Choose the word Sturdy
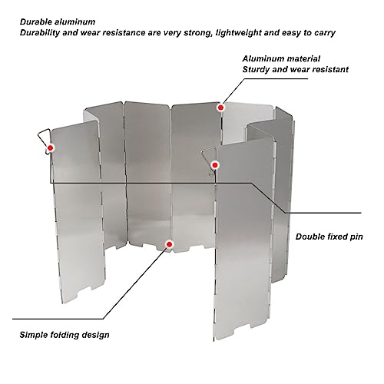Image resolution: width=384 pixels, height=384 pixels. [257, 69]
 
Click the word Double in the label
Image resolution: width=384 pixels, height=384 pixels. [312, 237]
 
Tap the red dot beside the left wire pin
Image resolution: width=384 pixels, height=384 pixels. [51, 147]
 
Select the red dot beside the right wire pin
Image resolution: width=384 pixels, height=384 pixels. [216, 164]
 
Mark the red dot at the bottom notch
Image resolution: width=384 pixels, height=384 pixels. [170, 243]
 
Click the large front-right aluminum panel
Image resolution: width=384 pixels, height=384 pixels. [246, 246]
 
